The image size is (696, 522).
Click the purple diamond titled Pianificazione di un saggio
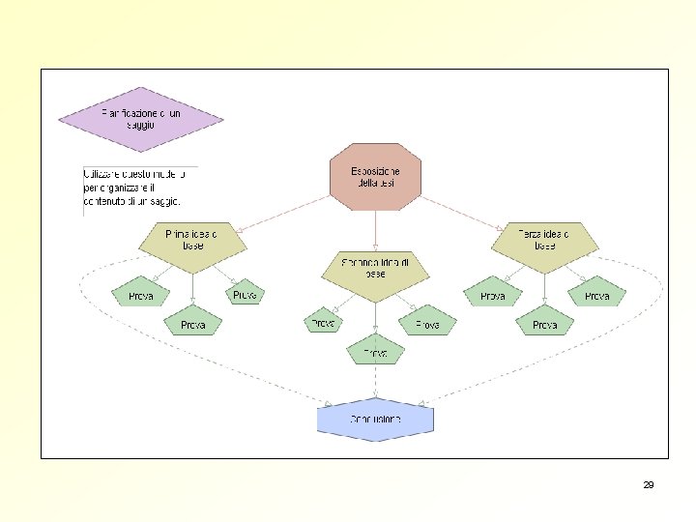pos(141,120)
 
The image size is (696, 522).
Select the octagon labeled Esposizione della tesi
pos(375,176)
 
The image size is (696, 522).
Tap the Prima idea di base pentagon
pos(191,241)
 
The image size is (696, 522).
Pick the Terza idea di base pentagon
pos(544,241)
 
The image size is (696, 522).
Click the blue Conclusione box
pos(375,420)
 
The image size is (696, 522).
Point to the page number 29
pos(649,484)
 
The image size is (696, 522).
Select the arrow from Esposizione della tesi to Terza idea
pos(459,211)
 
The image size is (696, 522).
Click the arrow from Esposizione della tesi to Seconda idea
pos(375,228)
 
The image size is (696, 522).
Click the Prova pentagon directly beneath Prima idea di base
pos(192,324)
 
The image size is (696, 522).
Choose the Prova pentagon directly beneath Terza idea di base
pos(544,324)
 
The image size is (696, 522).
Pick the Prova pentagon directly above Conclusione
pos(375,353)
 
